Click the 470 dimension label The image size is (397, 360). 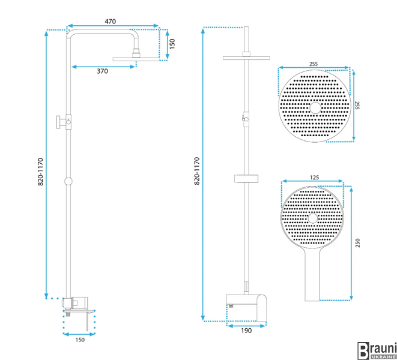(x=110, y=22)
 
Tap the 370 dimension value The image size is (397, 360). (x=102, y=71)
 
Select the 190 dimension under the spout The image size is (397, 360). (x=246, y=331)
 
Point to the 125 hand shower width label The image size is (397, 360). (x=314, y=178)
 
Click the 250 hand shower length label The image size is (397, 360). (x=357, y=243)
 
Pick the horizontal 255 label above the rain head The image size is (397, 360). (x=314, y=64)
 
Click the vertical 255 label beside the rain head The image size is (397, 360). (x=357, y=106)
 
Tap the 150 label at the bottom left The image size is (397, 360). (x=80, y=340)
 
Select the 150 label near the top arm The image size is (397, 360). (x=172, y=44)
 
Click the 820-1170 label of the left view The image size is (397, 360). (x=40, y=172)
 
